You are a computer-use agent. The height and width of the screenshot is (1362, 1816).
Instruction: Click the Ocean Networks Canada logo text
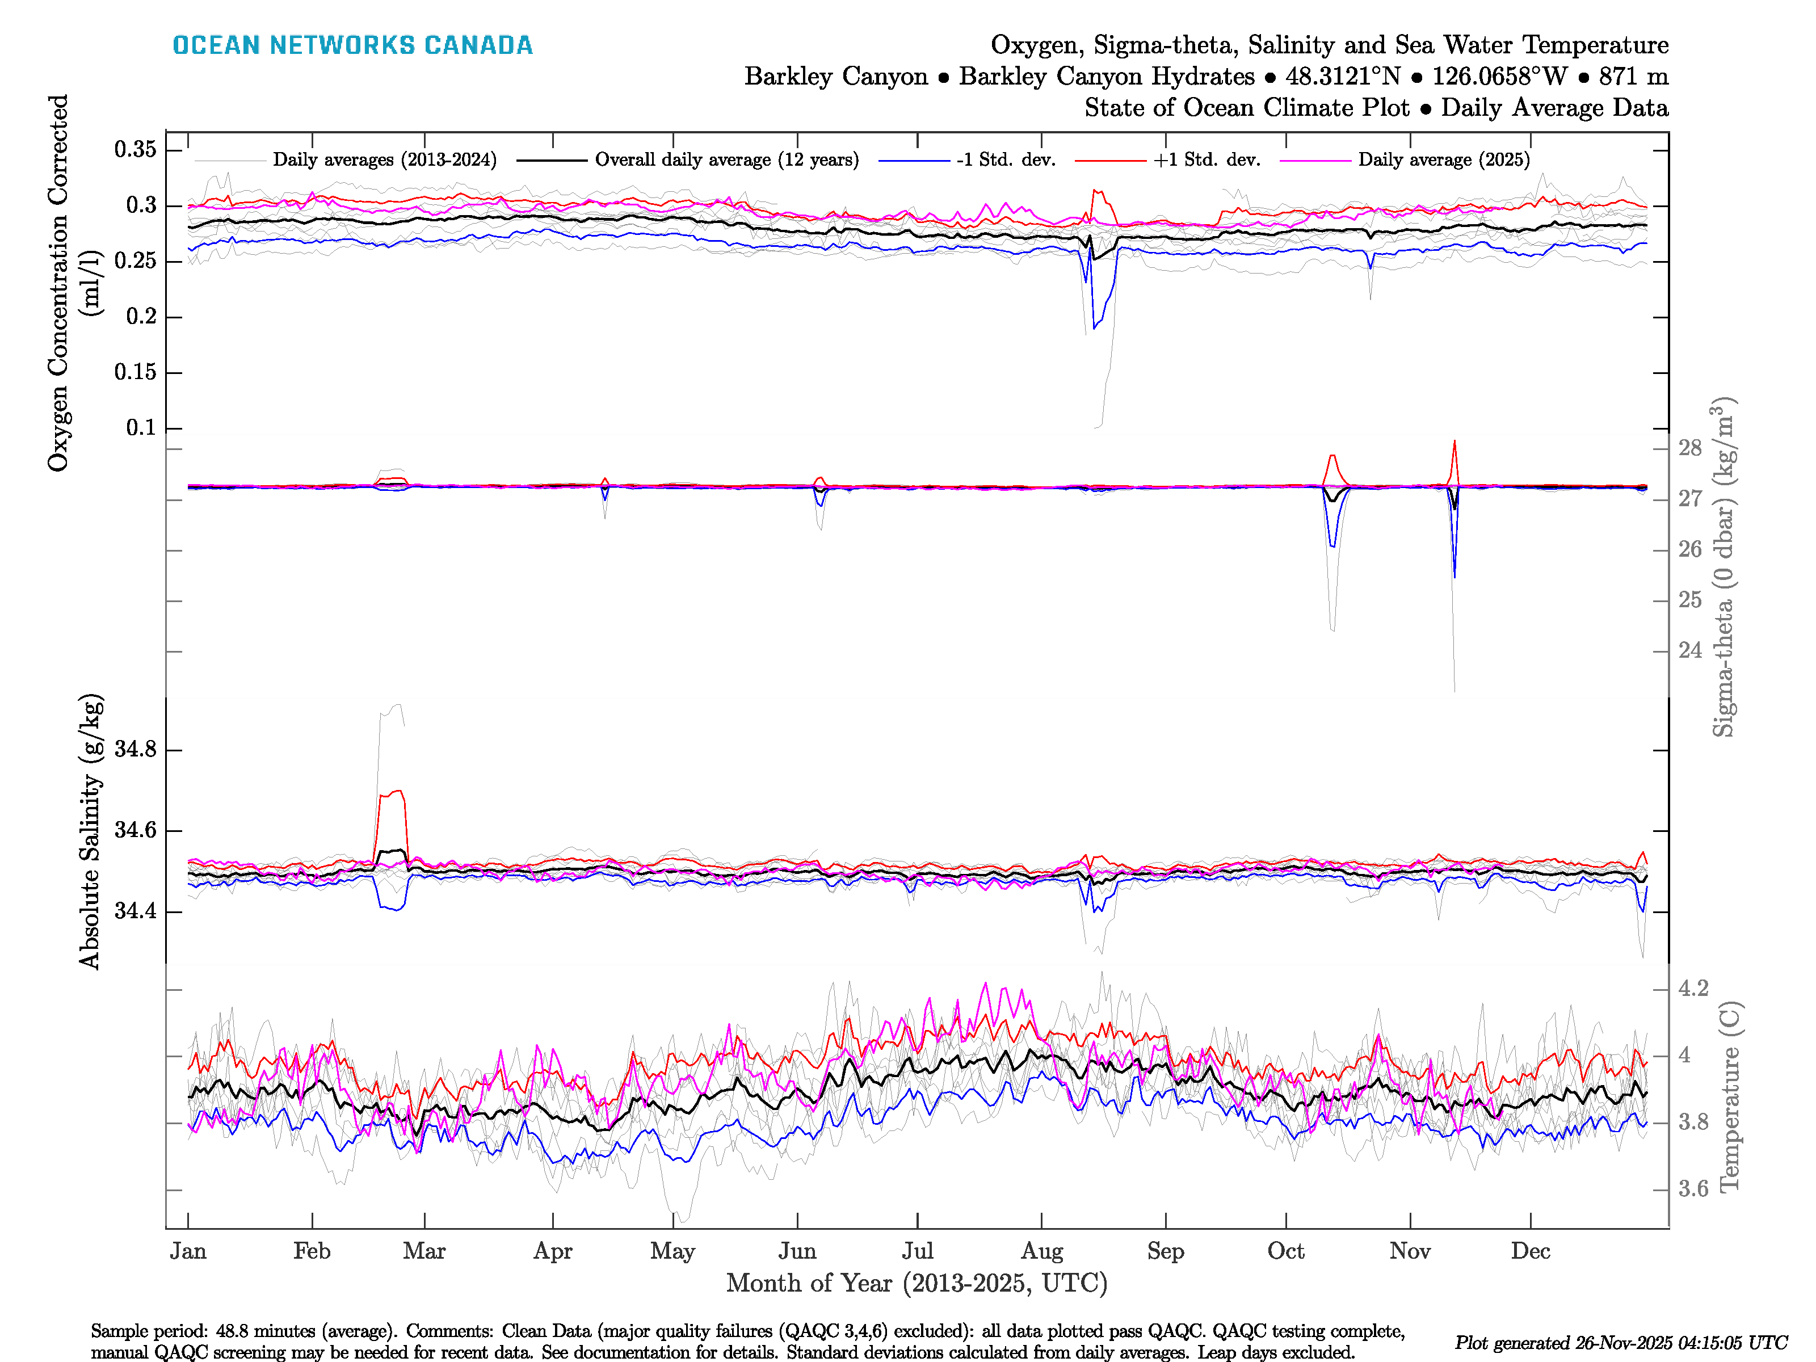pos(352,45)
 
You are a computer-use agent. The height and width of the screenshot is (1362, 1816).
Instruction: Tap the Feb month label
pos(312,1251)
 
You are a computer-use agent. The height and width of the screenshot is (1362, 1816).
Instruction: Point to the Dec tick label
pos(1531,1251)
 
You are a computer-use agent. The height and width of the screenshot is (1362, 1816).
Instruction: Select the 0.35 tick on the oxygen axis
pos(136,149)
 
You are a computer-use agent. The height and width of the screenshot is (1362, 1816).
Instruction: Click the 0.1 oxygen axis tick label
pos(141,428)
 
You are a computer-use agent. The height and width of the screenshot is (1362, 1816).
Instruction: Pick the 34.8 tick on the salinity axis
pos(136,750)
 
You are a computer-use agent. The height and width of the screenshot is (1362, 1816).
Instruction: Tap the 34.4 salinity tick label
pos(136,911)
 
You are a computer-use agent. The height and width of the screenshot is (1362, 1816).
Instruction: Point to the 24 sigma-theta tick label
pos(1689,650)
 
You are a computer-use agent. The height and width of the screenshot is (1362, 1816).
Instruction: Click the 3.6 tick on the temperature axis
pos(1693,1189)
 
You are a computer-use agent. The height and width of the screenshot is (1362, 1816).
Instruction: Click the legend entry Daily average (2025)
pos(1443,160)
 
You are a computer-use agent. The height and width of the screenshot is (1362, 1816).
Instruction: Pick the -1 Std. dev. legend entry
pos(1005,160)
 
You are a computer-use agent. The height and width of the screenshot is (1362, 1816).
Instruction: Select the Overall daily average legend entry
pos(726,160)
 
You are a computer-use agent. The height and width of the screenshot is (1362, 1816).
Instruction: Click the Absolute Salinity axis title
pos(90,831)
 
